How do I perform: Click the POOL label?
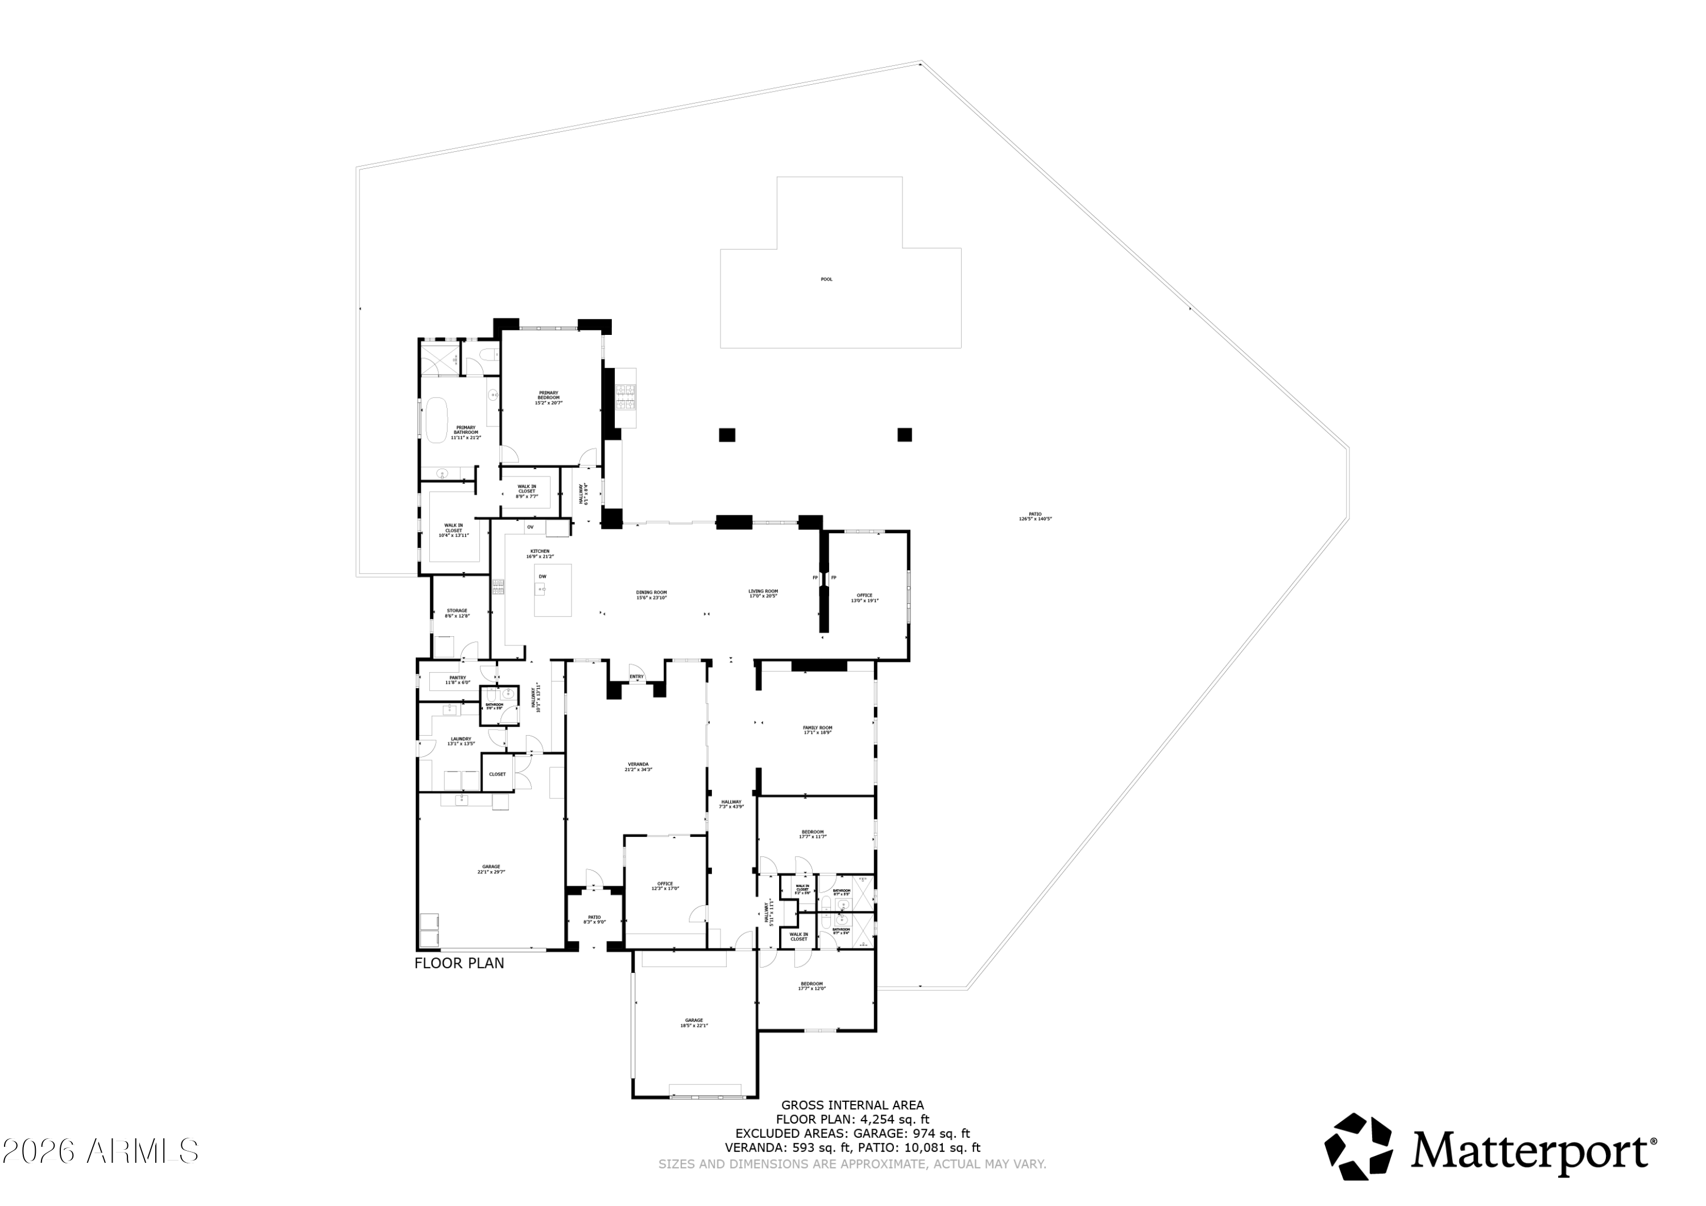[826, 279]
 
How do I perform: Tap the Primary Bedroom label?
[548, 397]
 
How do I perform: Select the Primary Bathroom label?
[466, 433]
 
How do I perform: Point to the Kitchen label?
[540, 554]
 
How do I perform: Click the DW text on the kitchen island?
[543, 577]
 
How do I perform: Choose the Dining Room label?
[651, 594]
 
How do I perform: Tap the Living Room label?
[763, 593]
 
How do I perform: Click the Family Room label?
[817, 730]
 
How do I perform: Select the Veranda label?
[638, 766]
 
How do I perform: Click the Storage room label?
[457, 613]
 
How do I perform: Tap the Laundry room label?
[461, 741]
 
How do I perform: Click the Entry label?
[636, 676]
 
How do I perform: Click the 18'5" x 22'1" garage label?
[694, 1022]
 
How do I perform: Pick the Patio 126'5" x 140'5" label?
[1035, 516]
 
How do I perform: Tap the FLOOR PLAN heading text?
[459, 963]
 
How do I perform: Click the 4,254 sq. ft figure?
[895, 1119]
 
